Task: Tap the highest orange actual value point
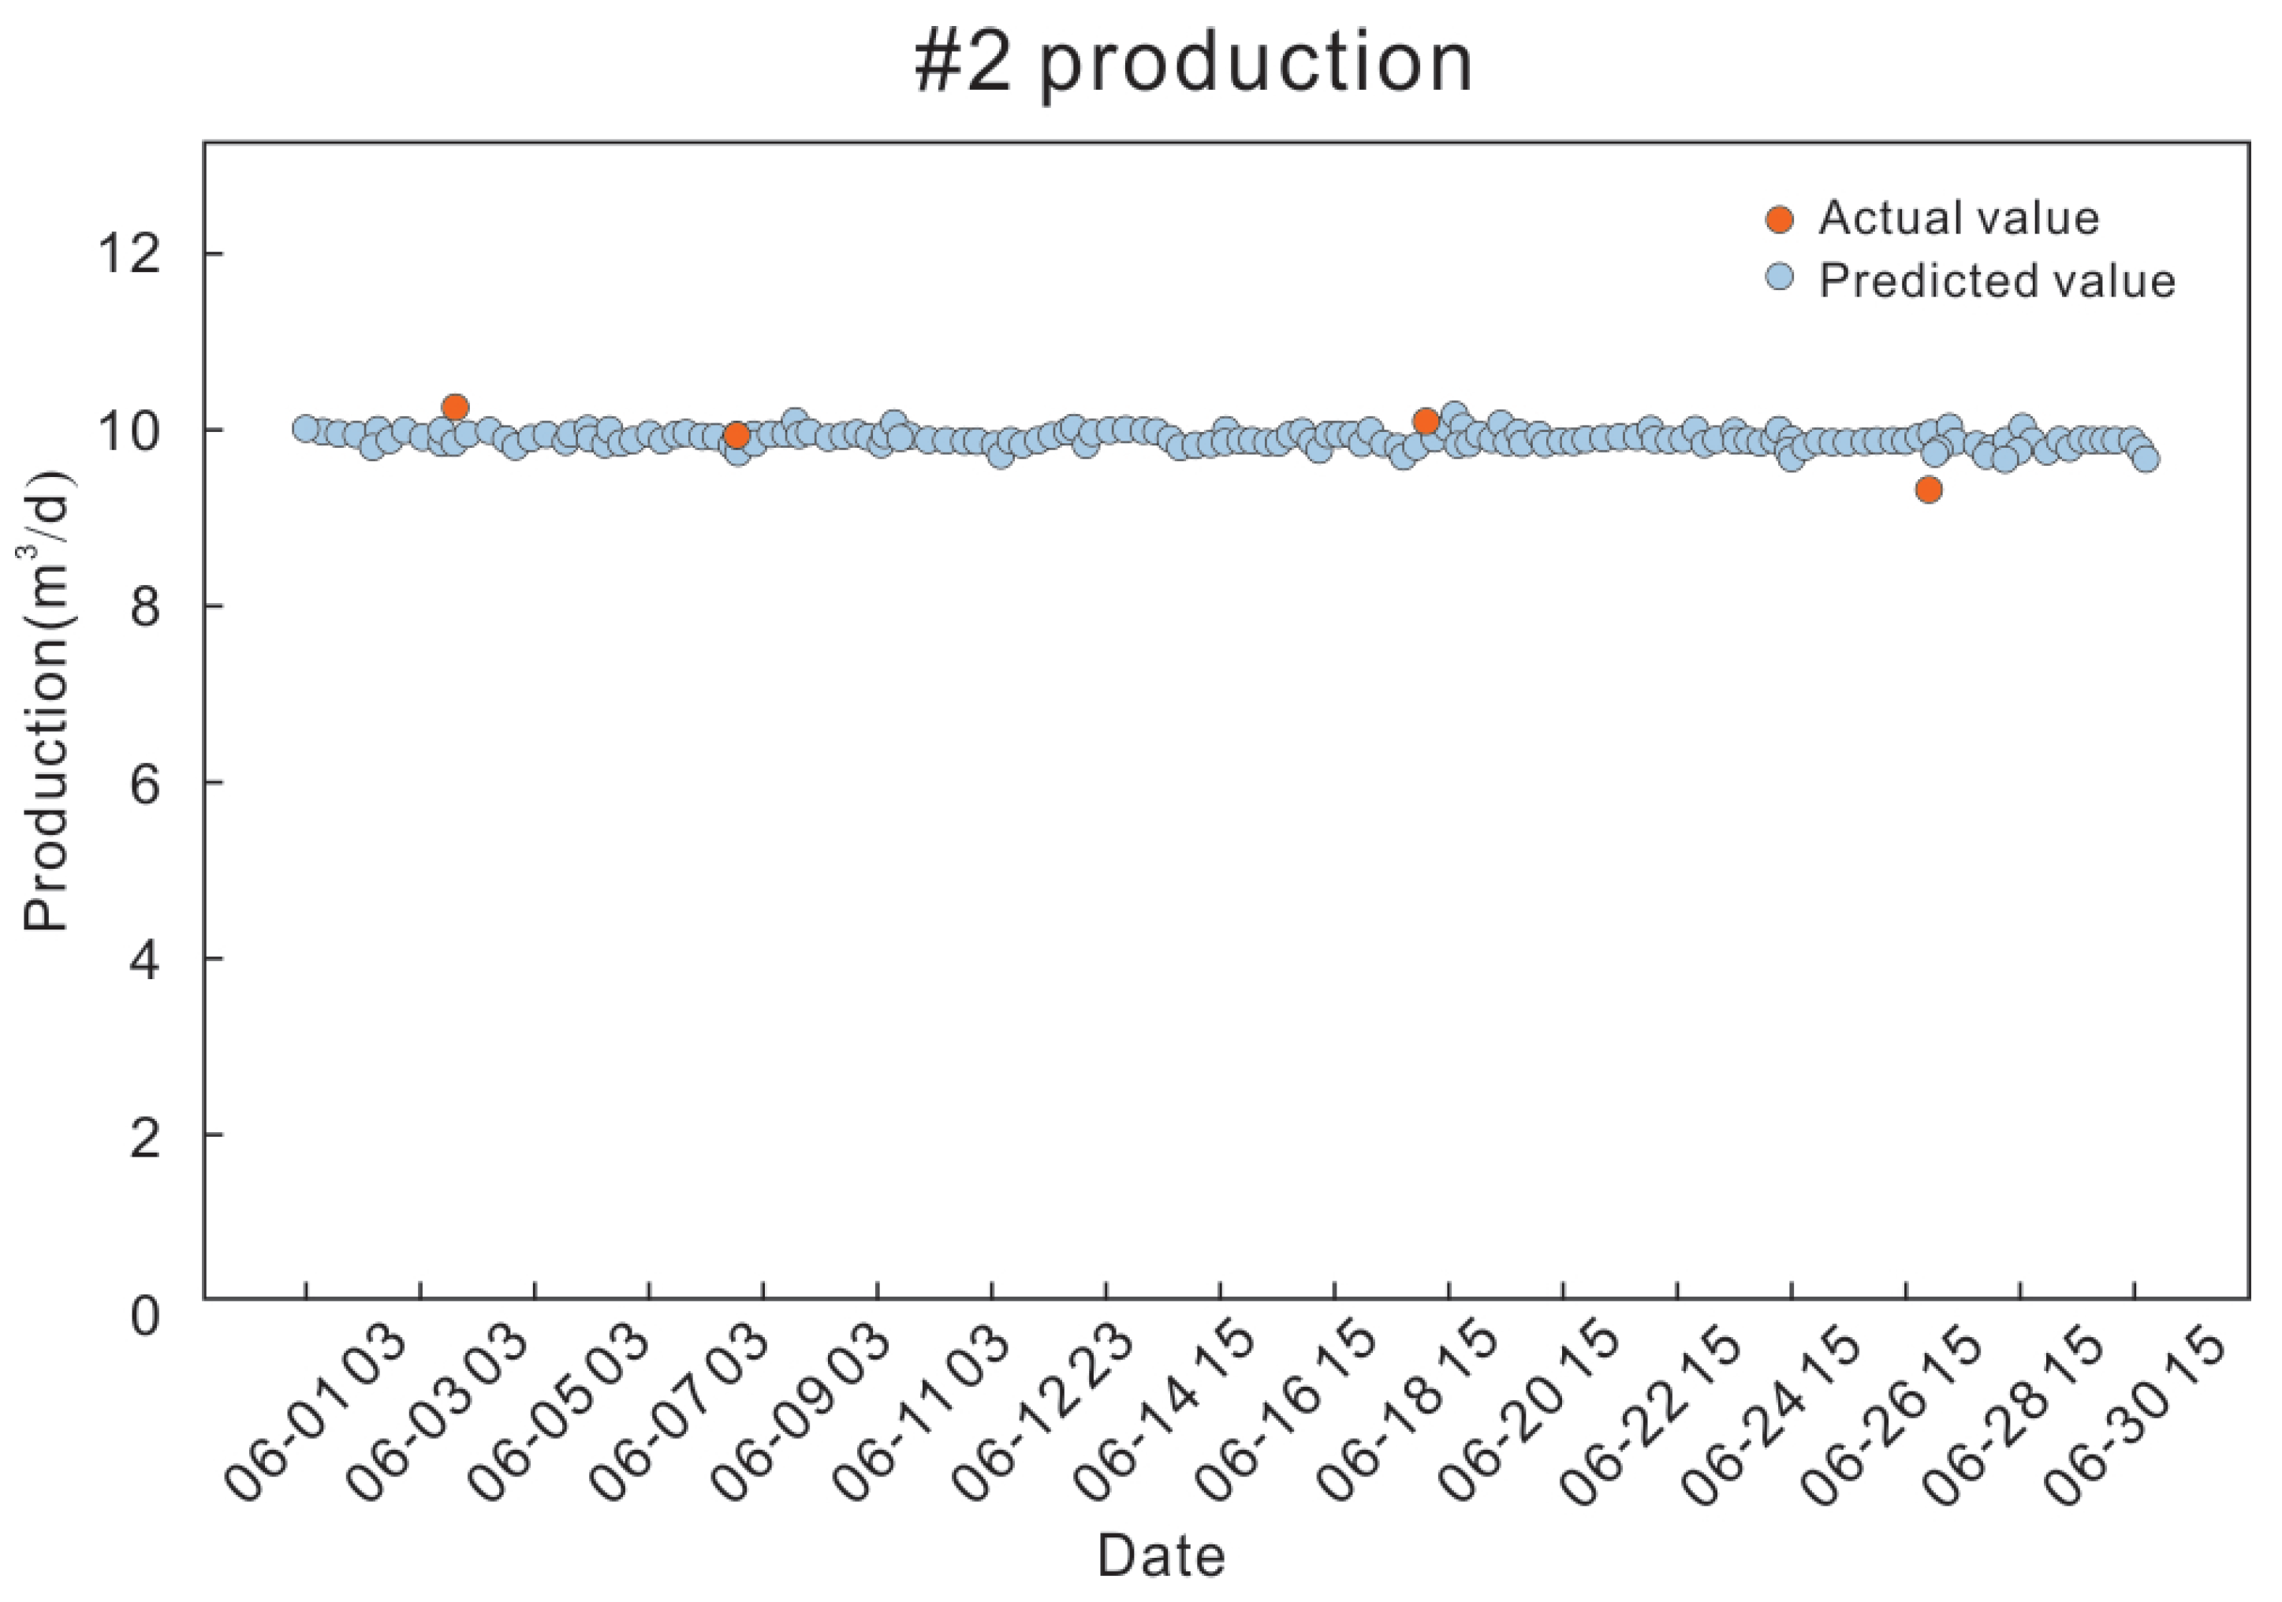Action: pos(455,408)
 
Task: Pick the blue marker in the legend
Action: pos(1780,278)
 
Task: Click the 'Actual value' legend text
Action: pos(1958,218)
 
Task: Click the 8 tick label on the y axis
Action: pos(145,606)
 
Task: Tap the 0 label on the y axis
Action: pos(145,1316)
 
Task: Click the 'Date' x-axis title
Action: pos(1161,1556)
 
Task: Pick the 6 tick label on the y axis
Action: pos(145,783)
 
